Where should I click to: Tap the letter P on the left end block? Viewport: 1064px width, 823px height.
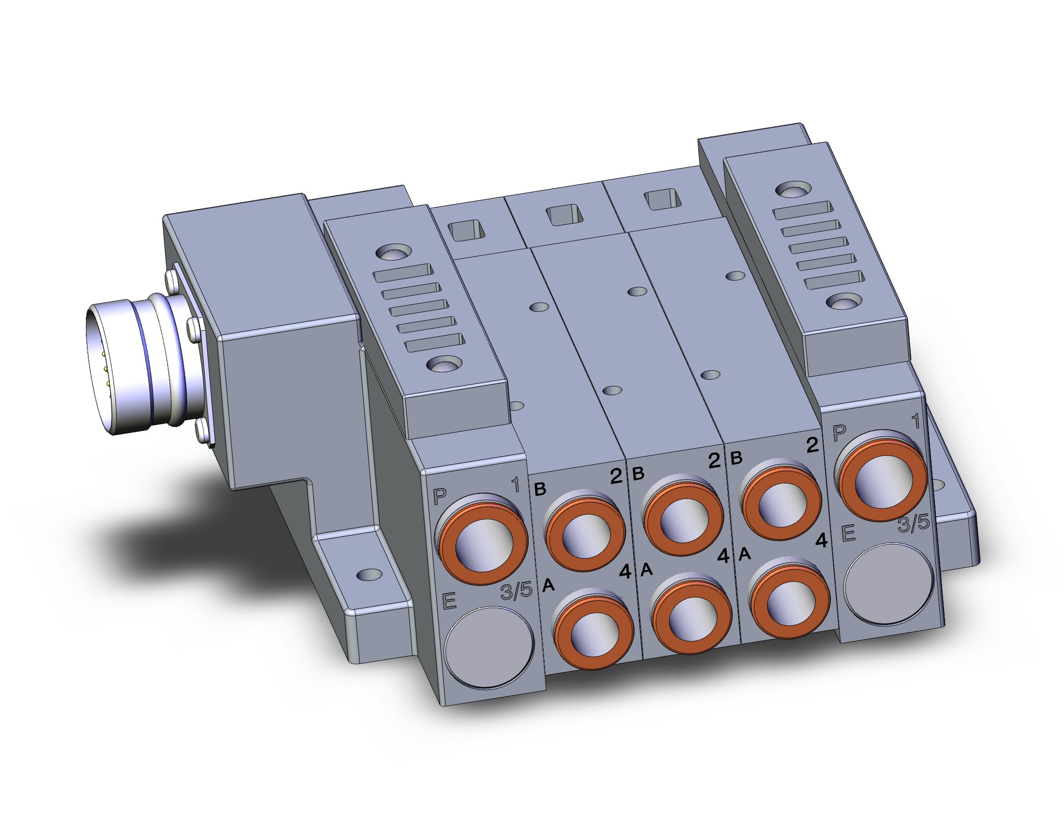[x=440, y=497]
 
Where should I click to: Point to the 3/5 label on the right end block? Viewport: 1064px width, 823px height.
[x=914, y=524]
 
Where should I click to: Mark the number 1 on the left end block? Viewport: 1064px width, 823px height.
[x=516, y=485]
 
